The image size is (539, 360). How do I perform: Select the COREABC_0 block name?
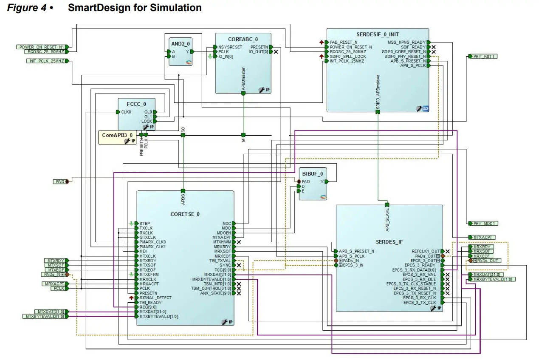click(x=243, y=40)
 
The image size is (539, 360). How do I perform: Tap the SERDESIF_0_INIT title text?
click(x=378, y=34)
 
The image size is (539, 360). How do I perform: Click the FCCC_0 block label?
click(x=136, y=104)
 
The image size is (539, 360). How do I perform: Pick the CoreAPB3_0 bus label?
click(x=114, y=135)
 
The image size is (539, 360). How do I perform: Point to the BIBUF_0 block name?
click(x=313, y=173)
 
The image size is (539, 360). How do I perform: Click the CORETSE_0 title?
click(x=185, y=214)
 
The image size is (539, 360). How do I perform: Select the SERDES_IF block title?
click(x=389, y=242)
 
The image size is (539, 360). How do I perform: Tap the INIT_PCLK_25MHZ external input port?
click(x=46, y=61)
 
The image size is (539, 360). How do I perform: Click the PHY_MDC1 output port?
click(x=483, y=223)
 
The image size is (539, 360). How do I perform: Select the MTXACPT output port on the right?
click(x=482, y=237)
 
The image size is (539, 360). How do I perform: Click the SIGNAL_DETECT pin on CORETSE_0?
click(x=155, y=298)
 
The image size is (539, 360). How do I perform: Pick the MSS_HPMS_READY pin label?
click(x=406, y=42)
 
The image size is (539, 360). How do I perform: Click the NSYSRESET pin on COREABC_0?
click(x=230, y=47)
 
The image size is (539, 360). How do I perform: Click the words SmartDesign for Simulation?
click(x=135, y=8)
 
